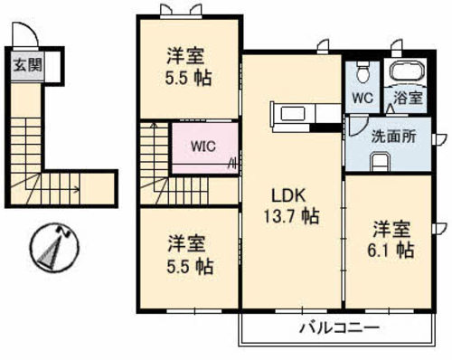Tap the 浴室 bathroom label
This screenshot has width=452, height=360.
click(x=404, y=97)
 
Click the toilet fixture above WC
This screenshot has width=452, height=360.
click(x=363, y=71)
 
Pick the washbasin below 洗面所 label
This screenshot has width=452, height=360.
click(x=381, y=162)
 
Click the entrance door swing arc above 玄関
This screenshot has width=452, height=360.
click(x=27, y=36)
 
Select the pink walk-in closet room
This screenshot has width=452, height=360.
click(x=205, y=149)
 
